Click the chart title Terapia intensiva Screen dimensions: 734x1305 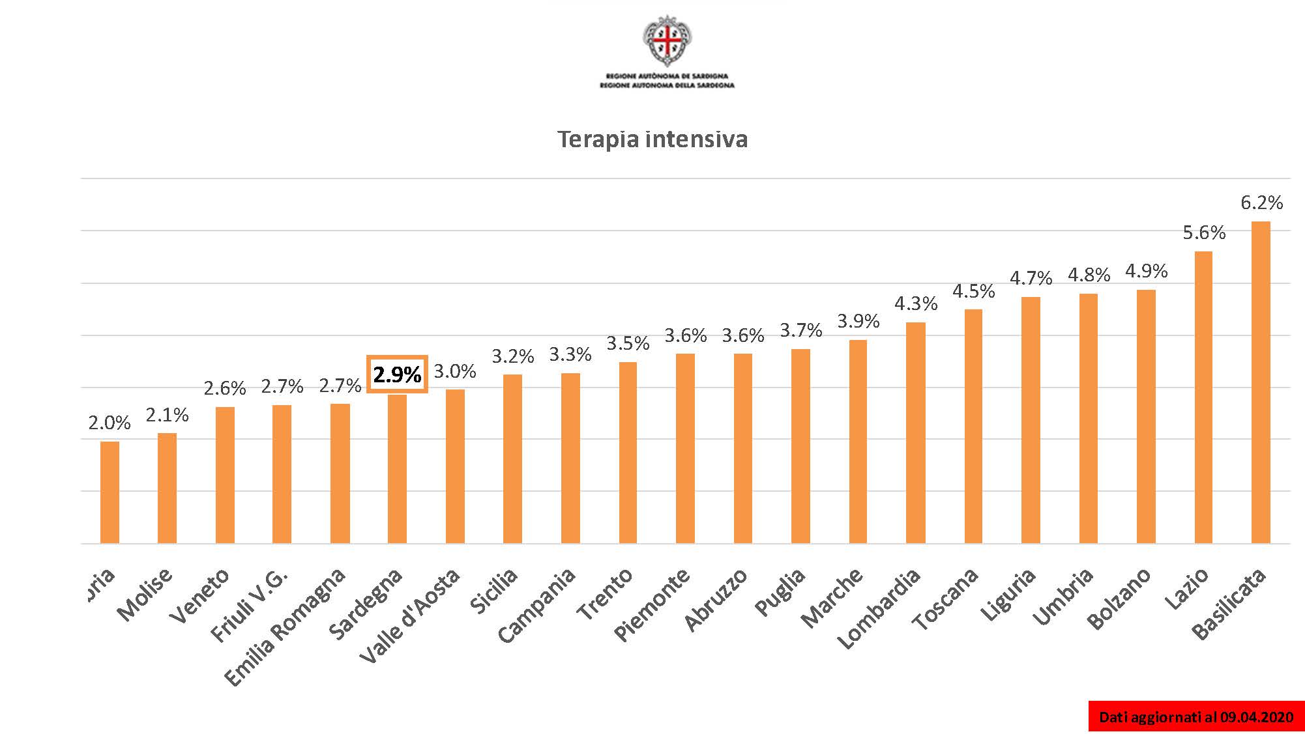tap(652, 139)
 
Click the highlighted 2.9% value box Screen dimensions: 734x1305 tap(397, 374)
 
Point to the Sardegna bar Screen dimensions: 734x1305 tap(397, 469)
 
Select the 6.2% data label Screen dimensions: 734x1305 tap(1261, 203)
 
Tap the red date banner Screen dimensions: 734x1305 tap(1195, 717)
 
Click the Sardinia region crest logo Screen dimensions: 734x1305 tap(667, 41)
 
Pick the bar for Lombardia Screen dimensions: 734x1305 tap(915, 432)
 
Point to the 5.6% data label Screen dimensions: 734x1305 tap(1204, 233)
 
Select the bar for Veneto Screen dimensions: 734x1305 tap(225, 475)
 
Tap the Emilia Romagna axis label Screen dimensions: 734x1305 tap(285, 627)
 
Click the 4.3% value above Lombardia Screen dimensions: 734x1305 tap(915, 303)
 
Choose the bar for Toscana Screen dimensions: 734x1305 tap(973, 426)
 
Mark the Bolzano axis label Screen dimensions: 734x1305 tap(1119, 599)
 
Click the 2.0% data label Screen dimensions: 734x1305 tap(110, 423)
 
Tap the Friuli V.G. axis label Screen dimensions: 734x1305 tap(250, 605)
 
